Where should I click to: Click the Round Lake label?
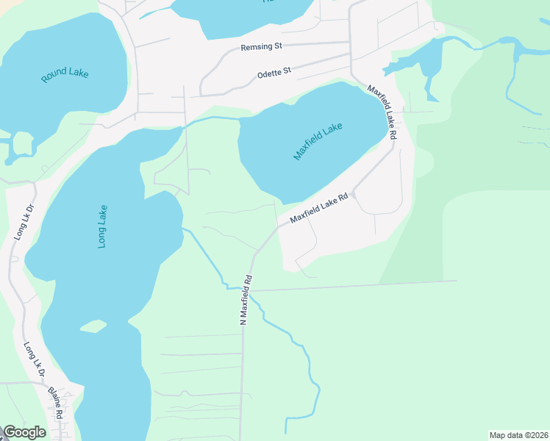tap(65, 74)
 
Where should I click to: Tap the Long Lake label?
tap(102, 226)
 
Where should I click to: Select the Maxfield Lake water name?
tap(318, 141)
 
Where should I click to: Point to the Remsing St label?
tap(262, 47)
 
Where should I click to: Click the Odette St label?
tap(274, 72)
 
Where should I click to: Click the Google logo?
tap(24, 432)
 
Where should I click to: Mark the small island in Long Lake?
tap(93, 325)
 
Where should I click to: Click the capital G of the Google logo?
tap(10, 432)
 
